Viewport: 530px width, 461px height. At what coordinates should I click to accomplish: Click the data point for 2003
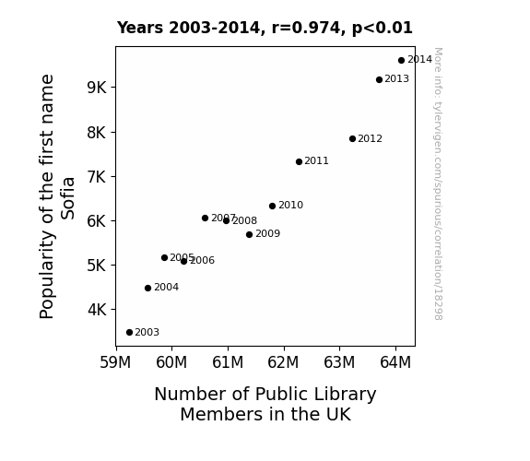tap(129, 333)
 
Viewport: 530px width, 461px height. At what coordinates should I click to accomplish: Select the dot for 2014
tap(401, 61)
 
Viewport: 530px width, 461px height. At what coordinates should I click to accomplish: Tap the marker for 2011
tap(299, 162)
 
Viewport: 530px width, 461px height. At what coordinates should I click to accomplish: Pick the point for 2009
tap(249, 235)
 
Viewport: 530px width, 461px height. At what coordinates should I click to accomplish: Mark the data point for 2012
tap(352, 138)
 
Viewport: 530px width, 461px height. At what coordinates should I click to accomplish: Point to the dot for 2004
tap(147, 289)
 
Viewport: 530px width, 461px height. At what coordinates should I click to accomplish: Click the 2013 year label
tap(397, 78)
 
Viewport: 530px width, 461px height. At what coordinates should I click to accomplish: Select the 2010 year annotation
tap(290, 205)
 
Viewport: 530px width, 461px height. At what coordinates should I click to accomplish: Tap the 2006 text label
tap(202, 260)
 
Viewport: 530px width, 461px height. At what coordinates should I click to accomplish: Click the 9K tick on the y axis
tap(97, 88)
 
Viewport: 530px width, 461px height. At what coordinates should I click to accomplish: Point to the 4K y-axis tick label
tap(97, 310)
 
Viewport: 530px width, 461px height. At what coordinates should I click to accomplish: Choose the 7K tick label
tap(97, 176)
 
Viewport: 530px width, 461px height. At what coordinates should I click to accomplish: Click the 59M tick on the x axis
tap(115, 362)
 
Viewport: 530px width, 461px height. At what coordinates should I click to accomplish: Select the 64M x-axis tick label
tap(395, 362)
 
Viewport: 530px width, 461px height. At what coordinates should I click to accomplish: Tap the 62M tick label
tap(283, 362)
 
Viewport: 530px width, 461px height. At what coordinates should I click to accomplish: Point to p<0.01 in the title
tap(383, 28)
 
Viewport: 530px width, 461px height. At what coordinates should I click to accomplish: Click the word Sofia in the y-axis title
tap(67, 198)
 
